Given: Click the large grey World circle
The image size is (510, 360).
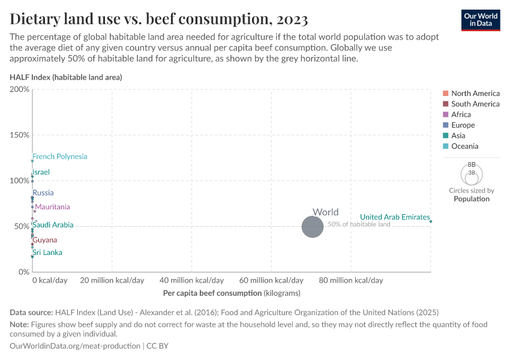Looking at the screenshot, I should tap(312, 227).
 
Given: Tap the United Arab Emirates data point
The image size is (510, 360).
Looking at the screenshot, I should tap(431, 221).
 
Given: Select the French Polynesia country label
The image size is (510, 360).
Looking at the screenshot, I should tap(59, 157).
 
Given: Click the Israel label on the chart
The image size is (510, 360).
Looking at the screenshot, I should tap(41, 172).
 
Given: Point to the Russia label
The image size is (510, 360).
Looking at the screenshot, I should tap(43, 193).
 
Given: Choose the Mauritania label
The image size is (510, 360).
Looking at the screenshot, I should tap(52, 207).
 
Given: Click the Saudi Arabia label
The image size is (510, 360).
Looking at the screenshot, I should tap(53, 225).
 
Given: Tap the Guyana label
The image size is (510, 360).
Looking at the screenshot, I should tap(44, 240).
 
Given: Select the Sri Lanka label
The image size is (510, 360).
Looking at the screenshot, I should tap(47, 253).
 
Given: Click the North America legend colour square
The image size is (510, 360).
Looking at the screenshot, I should tap(445, 93).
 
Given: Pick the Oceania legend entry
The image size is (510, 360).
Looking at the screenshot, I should tap(464, 146).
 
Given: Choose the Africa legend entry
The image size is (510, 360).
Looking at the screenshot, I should tap(461, 115).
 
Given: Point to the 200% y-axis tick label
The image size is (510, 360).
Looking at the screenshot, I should tap(19, 89).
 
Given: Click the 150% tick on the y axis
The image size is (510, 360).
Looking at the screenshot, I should tap(19, 135).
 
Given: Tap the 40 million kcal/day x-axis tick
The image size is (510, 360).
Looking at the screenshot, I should tap(191, 280).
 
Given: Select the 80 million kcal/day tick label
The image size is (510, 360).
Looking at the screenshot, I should tap(350, 280).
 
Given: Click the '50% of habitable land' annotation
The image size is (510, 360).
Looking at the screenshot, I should tap(359, 224).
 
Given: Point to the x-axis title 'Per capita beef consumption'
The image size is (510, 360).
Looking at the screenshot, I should tap(231, 293).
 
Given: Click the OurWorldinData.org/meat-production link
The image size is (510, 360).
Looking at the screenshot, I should tap(76, 346).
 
